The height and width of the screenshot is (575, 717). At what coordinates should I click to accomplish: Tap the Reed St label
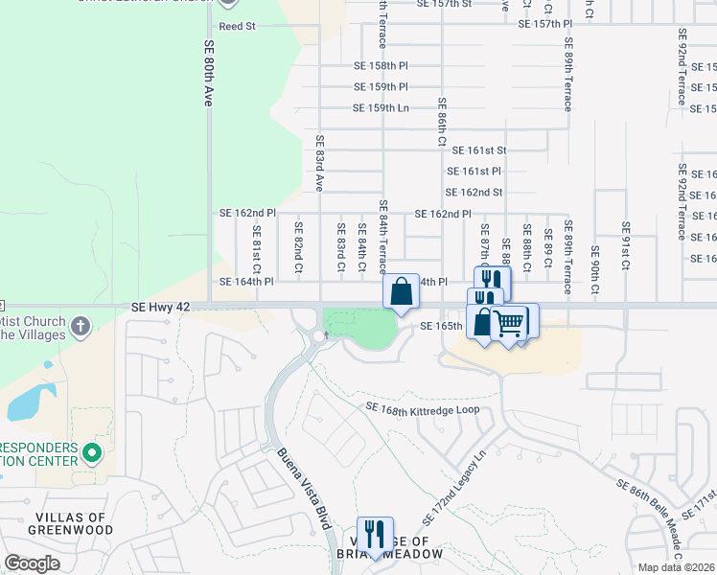(238, 27)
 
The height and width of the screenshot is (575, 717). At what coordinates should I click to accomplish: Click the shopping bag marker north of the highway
(401, 290)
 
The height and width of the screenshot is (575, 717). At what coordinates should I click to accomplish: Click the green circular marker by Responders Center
(92, 451)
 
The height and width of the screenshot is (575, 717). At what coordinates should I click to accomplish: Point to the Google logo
(32, 563)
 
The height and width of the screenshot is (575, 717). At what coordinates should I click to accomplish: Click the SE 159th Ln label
(381, 108)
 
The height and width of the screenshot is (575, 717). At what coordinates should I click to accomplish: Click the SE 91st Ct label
(624, 244)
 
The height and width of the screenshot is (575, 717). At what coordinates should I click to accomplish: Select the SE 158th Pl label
(381, 66)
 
